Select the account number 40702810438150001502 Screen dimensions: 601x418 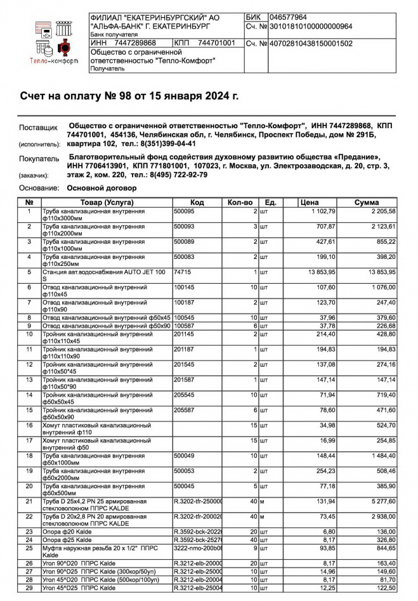[x=311, y=44]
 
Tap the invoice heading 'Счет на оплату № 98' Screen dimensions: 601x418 [x=129, y=96]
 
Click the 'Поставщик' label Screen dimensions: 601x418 [x=38, y=127]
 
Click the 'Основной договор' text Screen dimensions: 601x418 [x=101, y=188]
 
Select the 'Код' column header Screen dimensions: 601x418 [x=197, y=202]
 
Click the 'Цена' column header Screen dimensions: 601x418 [x=309, y=202]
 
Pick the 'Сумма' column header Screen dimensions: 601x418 [x=367, y=202]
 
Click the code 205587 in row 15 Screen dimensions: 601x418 [x=184, y=409]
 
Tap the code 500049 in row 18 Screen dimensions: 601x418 [x=184, y=455]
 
